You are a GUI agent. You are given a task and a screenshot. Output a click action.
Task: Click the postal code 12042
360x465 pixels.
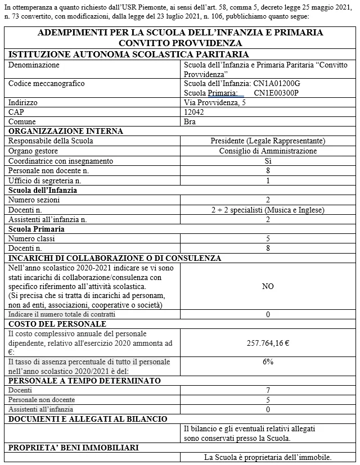(194, 112)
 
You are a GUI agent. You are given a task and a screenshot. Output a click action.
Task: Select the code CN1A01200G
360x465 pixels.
(277, 84)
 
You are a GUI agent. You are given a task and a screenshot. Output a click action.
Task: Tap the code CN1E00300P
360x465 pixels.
(276, 93)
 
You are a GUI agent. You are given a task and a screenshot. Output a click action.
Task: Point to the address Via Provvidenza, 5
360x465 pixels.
(215, 103)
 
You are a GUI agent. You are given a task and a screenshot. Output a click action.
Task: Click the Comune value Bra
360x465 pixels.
(191, 121)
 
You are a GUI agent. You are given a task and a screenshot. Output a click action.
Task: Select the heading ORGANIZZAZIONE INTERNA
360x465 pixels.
(66, 131)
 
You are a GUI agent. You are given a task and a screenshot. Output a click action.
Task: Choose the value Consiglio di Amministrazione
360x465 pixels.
(268, 151)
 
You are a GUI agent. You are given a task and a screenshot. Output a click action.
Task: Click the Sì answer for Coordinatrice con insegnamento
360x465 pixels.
(268, 161)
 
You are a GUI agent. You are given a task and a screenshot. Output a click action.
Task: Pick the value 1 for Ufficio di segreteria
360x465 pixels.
(268, 180)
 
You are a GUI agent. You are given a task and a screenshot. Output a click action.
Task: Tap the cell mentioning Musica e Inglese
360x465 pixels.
(268, 210)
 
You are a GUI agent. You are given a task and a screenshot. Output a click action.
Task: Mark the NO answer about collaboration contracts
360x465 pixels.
(268, 286)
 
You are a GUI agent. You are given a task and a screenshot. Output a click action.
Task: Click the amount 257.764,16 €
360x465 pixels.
(268, 343)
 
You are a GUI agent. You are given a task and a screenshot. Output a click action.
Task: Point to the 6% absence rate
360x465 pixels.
(268, 362)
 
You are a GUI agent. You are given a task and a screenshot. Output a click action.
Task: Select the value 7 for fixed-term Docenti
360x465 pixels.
(268, 390)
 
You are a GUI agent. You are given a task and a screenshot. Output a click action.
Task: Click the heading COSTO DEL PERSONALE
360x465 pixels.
(57, 324)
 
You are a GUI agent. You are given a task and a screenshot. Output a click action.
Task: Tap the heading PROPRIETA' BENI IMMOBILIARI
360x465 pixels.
(72, 448)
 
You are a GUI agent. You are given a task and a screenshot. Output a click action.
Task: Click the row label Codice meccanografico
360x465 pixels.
(47, 84)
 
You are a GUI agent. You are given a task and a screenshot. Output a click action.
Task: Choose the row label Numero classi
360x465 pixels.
(33, 238)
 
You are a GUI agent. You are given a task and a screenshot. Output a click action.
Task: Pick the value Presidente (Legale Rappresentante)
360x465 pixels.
(268, 141)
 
